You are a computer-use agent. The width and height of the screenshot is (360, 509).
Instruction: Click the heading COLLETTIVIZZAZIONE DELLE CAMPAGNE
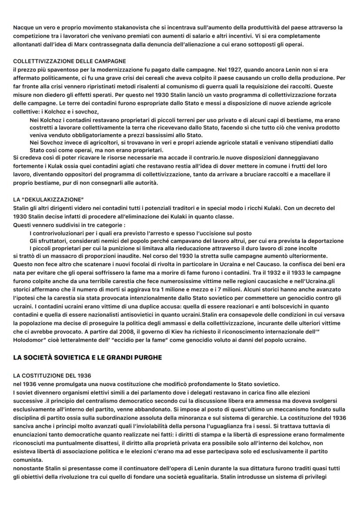pos(70,61)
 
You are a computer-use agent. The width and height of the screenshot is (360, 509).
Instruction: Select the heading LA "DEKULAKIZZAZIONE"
pos(48,200)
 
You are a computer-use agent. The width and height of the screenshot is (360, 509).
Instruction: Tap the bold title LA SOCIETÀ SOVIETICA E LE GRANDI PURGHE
pos(87,357)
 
